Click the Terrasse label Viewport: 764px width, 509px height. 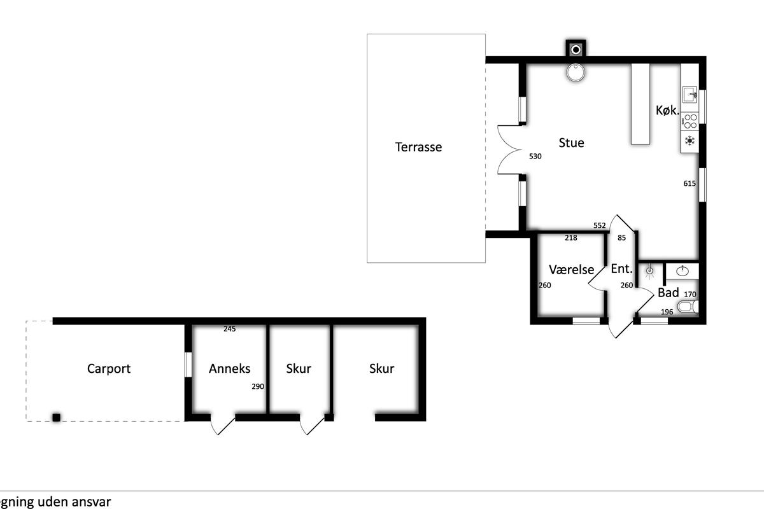tap(418, 147)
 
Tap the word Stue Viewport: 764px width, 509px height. tap(571, 143)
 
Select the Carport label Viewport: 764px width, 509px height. tap(109, 369)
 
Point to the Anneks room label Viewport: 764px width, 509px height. tap(230, 368)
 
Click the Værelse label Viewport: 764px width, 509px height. tap(571, 270)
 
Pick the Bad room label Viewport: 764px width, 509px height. tap(668, 293)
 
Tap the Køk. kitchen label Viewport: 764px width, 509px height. tap(667, 110)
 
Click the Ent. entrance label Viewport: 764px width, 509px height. tap(622, 268)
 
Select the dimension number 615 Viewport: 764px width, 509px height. tap(690, 183)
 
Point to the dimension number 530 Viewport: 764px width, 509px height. tap(535, 156)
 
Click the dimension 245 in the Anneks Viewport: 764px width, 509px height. tap(230, 329)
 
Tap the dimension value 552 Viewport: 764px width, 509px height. tap(600, 225)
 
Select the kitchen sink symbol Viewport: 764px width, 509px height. tap(690, 94)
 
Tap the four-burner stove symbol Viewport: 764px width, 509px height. tap(690, 122)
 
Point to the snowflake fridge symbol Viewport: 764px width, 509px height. tap(690, 141)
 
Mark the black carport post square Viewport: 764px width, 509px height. tap(56, 417)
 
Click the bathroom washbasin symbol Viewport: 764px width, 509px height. tap(683, 271)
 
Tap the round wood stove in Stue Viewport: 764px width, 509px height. tap(576, 73)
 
